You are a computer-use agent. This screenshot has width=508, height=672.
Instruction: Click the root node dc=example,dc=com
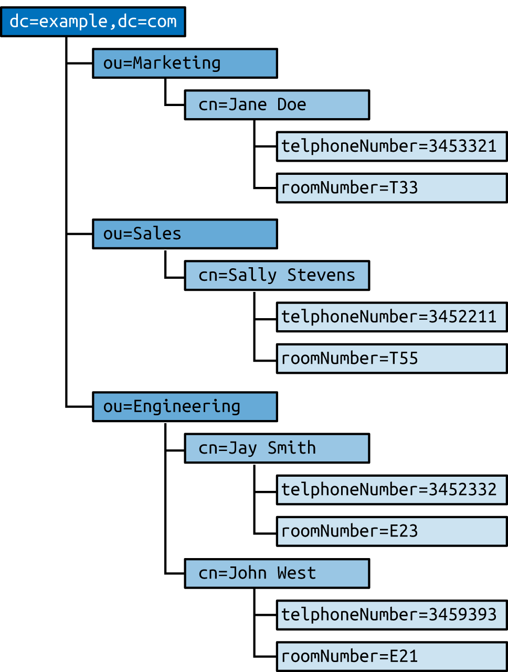(x=93, y=22)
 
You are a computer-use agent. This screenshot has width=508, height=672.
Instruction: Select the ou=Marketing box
(x=185, y=64)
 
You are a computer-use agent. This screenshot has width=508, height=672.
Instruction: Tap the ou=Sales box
(x=185, y=234)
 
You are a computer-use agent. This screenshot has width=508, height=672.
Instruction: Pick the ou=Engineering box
(x=185, y=407)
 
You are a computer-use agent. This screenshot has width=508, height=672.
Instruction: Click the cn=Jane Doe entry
(x=277, y=105)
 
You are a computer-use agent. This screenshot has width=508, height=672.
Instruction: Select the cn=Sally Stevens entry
(x=277, y=276)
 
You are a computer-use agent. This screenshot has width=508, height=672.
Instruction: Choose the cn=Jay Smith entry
(x=277, y=448)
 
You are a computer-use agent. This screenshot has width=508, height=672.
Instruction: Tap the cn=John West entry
(x=277, y=573)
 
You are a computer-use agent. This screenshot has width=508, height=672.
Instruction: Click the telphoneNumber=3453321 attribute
(x=391, y=146)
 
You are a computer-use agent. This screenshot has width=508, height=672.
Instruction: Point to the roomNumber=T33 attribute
(x=391, y=188)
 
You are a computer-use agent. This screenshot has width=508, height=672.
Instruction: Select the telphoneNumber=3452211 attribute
(x=391, y=317)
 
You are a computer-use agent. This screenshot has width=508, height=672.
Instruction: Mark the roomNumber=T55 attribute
(x=391, y=359)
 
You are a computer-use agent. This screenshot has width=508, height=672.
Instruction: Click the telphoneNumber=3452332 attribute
(x=391, y=490)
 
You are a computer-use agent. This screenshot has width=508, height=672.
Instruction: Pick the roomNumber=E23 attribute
(x=391, y=531)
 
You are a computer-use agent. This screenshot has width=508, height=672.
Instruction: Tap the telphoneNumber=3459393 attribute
(x=391, y=615)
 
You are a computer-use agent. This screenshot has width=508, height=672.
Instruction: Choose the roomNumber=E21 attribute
(x=391, y=656)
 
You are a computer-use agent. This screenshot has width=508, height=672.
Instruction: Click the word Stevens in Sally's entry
(x=321, y=276)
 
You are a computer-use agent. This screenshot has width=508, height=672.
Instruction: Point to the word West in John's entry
(x=297, y=573)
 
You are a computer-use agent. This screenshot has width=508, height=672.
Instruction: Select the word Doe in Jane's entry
(x=292, y=105)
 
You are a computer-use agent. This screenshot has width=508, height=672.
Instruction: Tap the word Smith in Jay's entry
(x=292, y=448)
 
